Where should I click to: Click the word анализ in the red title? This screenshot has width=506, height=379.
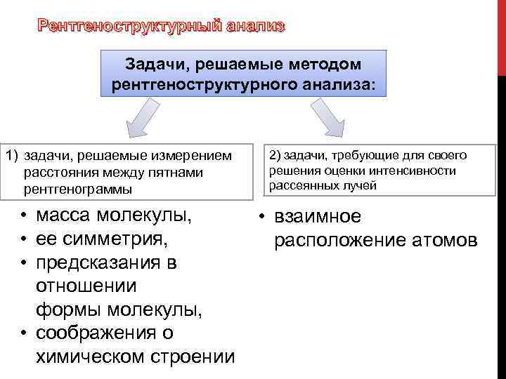(256, 27)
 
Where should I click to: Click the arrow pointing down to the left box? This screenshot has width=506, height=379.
(147, 116)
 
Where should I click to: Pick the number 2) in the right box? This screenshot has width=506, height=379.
(273, 155)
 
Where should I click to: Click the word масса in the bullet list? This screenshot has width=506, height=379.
(63, 214)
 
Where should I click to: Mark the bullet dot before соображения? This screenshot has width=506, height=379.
(23, 332)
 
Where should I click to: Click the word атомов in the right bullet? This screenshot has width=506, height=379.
(444, 241)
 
